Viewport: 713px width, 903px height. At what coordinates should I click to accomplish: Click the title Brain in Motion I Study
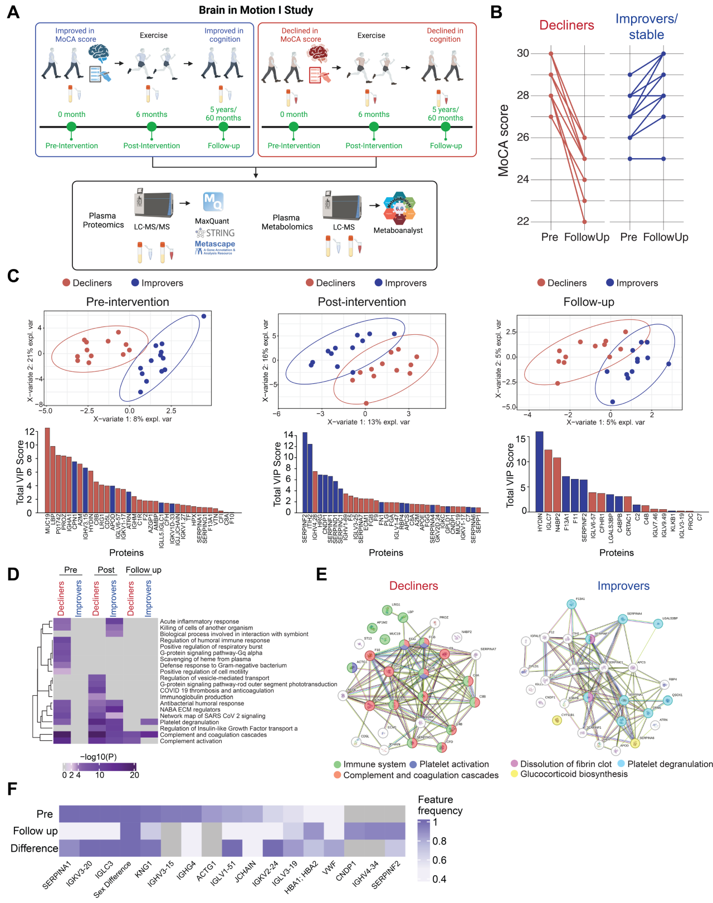tap(256, 10)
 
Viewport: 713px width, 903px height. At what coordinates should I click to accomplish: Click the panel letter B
tap(496, 12)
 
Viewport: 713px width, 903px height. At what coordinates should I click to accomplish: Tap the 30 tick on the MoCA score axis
tap(522, 53)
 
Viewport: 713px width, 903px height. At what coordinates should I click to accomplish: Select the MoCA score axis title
tap(504, 140)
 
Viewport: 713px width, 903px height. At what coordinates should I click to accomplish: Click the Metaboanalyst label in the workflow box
tap(398, 231)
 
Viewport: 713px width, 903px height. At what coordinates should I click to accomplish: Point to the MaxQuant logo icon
tap(213, 202)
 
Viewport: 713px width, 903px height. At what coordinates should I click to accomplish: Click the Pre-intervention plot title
tap(128, 302)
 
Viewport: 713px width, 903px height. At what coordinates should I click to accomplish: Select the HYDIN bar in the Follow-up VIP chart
tap(539, 471)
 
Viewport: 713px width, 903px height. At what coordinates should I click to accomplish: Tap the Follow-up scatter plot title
tap(588, 302)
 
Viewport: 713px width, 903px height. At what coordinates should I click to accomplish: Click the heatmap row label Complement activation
tap(191, 741)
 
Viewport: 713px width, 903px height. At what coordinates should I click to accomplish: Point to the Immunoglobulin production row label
tap(197, 697)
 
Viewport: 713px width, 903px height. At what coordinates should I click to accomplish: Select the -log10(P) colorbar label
tap(99, 757)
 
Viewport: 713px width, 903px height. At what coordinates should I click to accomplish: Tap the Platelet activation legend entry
tap(454, 764)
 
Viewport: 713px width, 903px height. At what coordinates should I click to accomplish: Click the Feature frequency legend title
tap(440, 805)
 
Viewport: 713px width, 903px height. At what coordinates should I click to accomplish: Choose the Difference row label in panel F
tap(34, 848)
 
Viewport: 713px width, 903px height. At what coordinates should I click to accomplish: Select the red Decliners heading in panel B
tap(567, 25)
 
